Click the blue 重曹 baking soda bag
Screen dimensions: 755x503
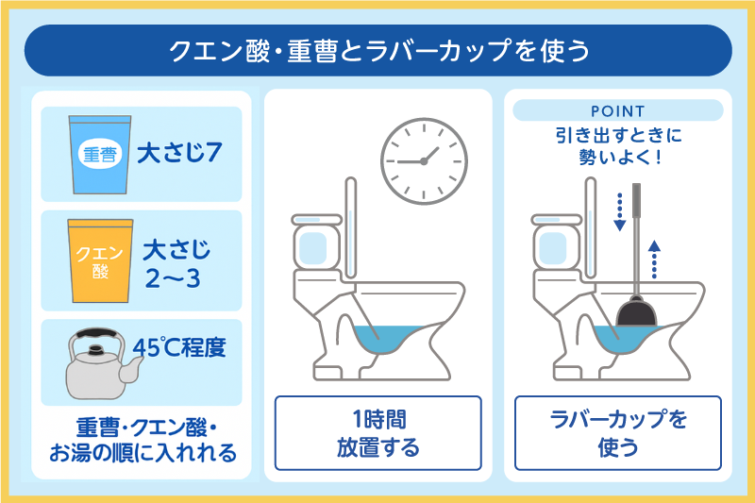pyautogui.click(x=100, y=155)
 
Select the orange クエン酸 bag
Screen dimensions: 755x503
pyautogui.click(x=100, y=260)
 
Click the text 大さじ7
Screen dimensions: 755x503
pyautogui.click(x=179, y=153)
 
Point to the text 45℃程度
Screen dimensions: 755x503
pyautogui.click(x=179, y=347)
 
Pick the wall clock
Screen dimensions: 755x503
pyautogui.click(x=424, y=161)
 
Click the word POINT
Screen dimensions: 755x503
pyautogui.click(x=618, y=111)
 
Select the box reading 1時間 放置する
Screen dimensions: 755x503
pyautogui.click(x=378, y=433)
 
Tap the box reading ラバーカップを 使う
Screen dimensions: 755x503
pyautogui.click(x=618, y=433)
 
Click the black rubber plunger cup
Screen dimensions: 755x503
pyautogui.click(x=636, y=312)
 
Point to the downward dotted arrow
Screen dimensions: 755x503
pyautogui.click(x=620, y=211)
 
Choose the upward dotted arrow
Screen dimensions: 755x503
pyautogui.click(x=654, y=259)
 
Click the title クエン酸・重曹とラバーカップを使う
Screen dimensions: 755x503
pyautogui.click(x=379, y=51)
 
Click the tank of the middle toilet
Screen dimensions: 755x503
pyautogui.click(x=316, y=244)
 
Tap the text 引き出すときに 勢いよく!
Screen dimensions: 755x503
pyautogui.click(x=619, y=146)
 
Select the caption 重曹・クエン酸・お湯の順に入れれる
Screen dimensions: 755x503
pyautogui.click(x=143, y=440)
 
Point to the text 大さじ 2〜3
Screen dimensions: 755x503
pyautogui.click(x=176, y=264)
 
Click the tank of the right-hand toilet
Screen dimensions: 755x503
pyautogui.click(x=556, y=244)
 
